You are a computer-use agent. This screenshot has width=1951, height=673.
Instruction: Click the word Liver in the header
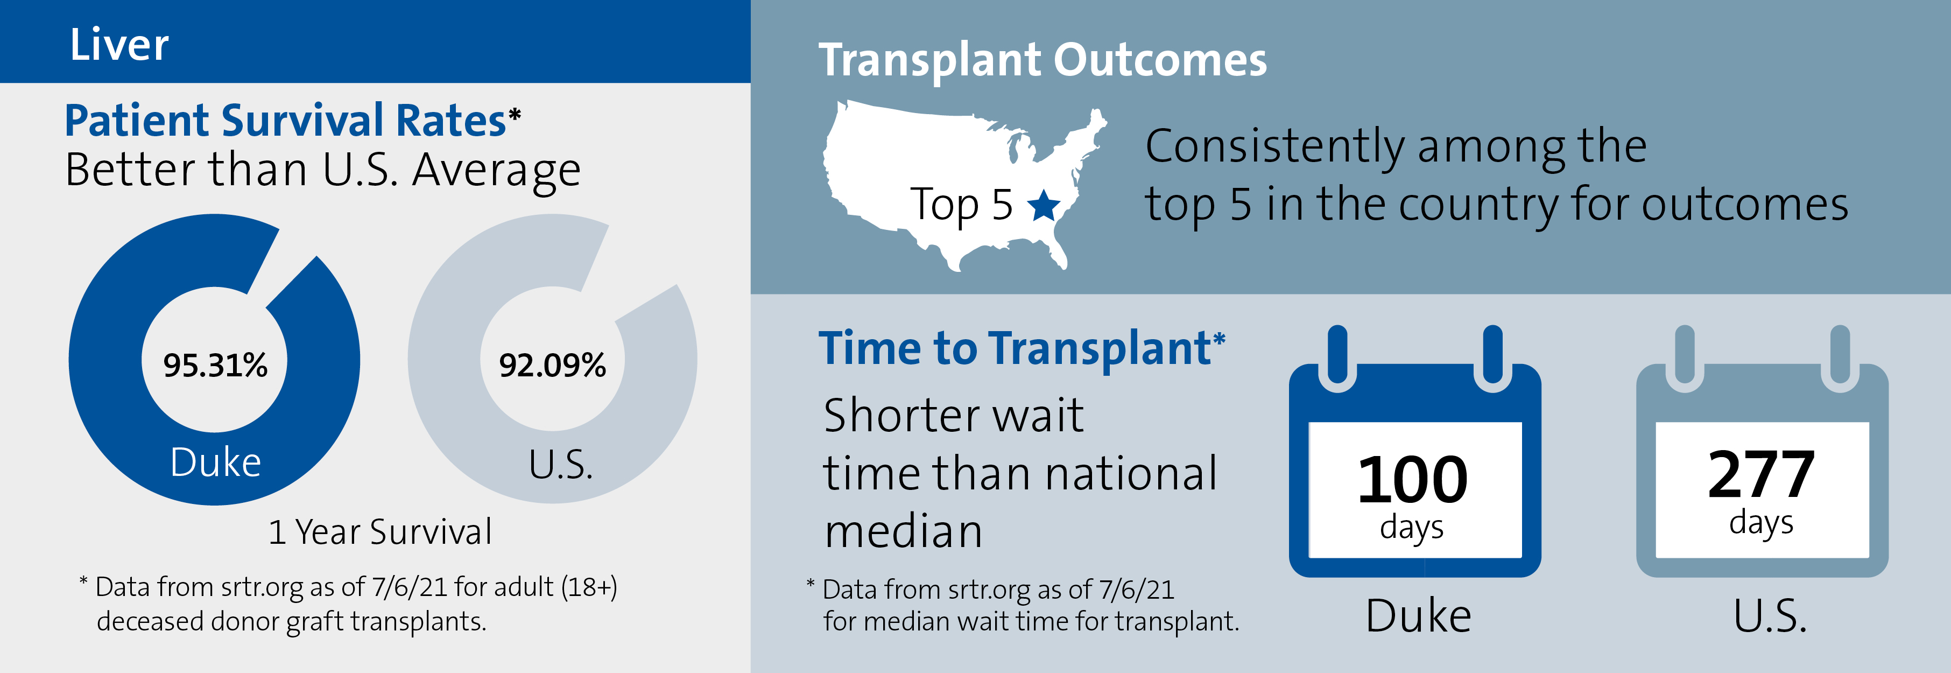[119, 45]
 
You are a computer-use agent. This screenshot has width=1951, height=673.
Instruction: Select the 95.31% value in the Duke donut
[215, 365]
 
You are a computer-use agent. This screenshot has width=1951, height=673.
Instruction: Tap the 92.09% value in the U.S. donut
[552, 365]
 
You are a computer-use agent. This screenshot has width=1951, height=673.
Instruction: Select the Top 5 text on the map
[961, 205]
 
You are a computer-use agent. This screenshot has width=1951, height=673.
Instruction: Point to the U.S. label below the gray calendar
[1770, 615]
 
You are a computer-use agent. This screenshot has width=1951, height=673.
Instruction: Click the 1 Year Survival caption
[380, 531]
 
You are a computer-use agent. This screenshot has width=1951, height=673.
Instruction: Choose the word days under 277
[1761, 523]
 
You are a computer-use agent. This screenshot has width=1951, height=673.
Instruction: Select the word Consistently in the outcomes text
[1274, 146]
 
